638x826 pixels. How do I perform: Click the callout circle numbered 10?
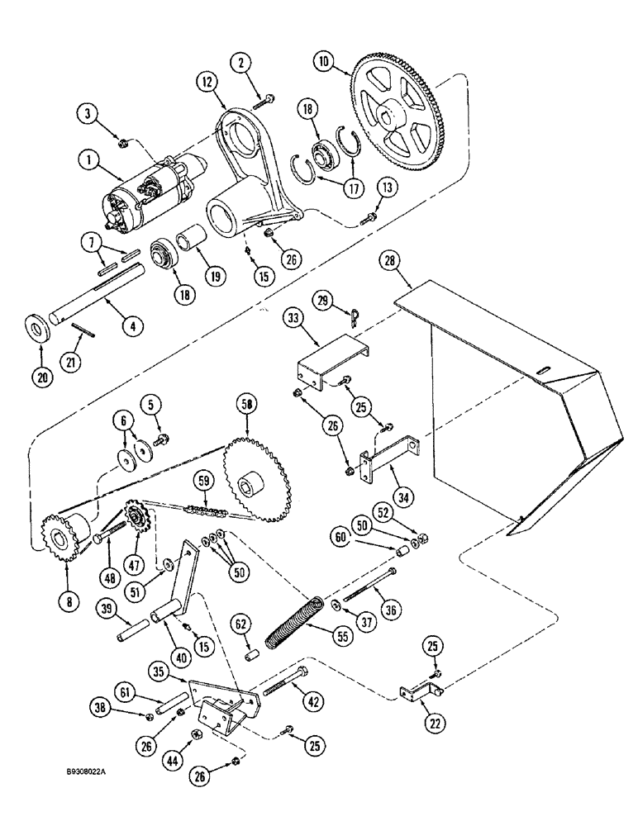[x=322, y=61]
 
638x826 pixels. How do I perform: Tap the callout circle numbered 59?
[x=202, y=480]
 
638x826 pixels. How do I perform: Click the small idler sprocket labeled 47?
[x=133, y=520]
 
